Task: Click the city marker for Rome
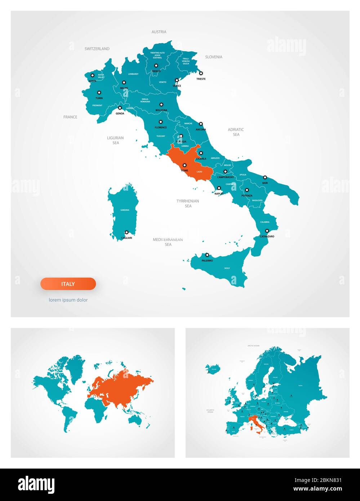185,165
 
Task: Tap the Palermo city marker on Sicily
207,255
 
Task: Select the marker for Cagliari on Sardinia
126,232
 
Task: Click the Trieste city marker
201,73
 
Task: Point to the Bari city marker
265,177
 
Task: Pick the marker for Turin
99,93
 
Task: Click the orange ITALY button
68,284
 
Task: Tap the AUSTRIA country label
159,32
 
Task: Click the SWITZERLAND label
97,49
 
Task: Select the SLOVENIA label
214,57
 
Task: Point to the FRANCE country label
70,117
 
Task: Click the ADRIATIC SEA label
236,132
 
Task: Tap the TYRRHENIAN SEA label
188,203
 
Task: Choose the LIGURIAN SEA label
115,140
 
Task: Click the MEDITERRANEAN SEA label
168,242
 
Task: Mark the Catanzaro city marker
267,231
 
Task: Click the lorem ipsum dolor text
68,300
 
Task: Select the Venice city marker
177,80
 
